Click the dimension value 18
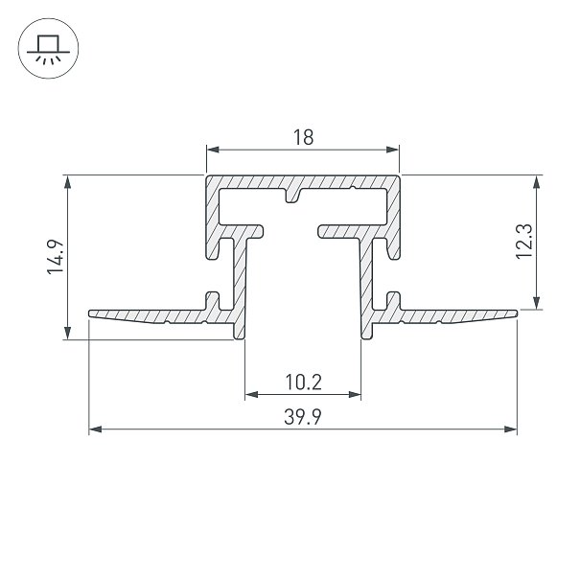pos(303,137)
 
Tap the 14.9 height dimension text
pos(56,257)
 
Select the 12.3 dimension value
pos(524,242)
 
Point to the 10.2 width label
pos(303,383)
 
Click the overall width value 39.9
pos(303,416)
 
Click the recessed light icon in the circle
pos(49,49)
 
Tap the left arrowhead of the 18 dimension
pos(213,150)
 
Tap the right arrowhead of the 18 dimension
pos(392,150)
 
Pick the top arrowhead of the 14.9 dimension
pos(68,182)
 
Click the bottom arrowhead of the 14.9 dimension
pos(68,333)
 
